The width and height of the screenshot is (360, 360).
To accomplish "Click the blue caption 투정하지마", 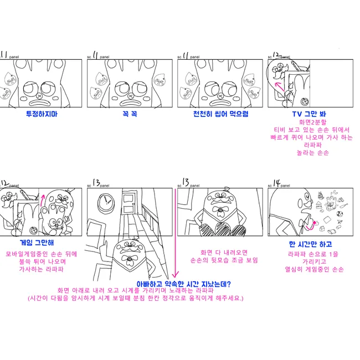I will pyautogui.click(x=42, y=114).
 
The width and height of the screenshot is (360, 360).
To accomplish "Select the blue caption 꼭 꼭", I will pyautogui.click(x=130, y=114).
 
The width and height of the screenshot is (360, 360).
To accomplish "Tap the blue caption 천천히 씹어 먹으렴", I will pyautogui.click(x=221, y=114).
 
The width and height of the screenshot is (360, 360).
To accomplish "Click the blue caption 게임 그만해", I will pyautogui.click(x=34, y=243).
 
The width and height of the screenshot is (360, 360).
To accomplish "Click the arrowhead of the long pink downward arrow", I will pyautogui.click(x=175, y=275).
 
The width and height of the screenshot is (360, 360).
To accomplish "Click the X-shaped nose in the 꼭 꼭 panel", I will pyautogui.click(x=131, y=96).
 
